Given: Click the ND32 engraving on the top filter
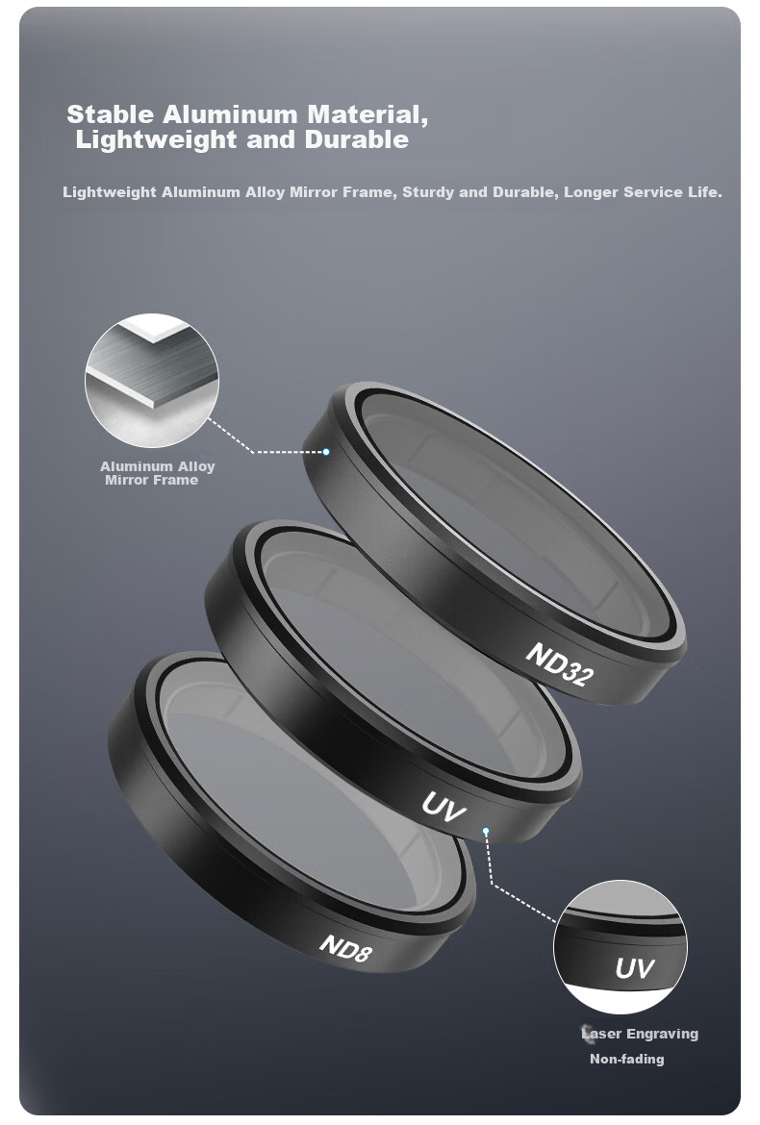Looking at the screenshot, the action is coord(559,663).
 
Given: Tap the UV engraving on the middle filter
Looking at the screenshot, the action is coord(443,807).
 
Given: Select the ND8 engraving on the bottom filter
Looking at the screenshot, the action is coord(346,948).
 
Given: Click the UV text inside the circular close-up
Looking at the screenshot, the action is coord(634,968).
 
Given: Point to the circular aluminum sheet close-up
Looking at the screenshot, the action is coord(151,380).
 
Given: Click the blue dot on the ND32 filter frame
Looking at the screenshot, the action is coord(326,452).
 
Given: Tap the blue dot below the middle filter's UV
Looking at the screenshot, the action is coord(486,832).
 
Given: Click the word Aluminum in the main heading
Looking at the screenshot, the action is coord(230,114).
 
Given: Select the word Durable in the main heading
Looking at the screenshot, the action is coord(357,139).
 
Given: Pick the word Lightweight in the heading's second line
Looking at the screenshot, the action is coord(157,140).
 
